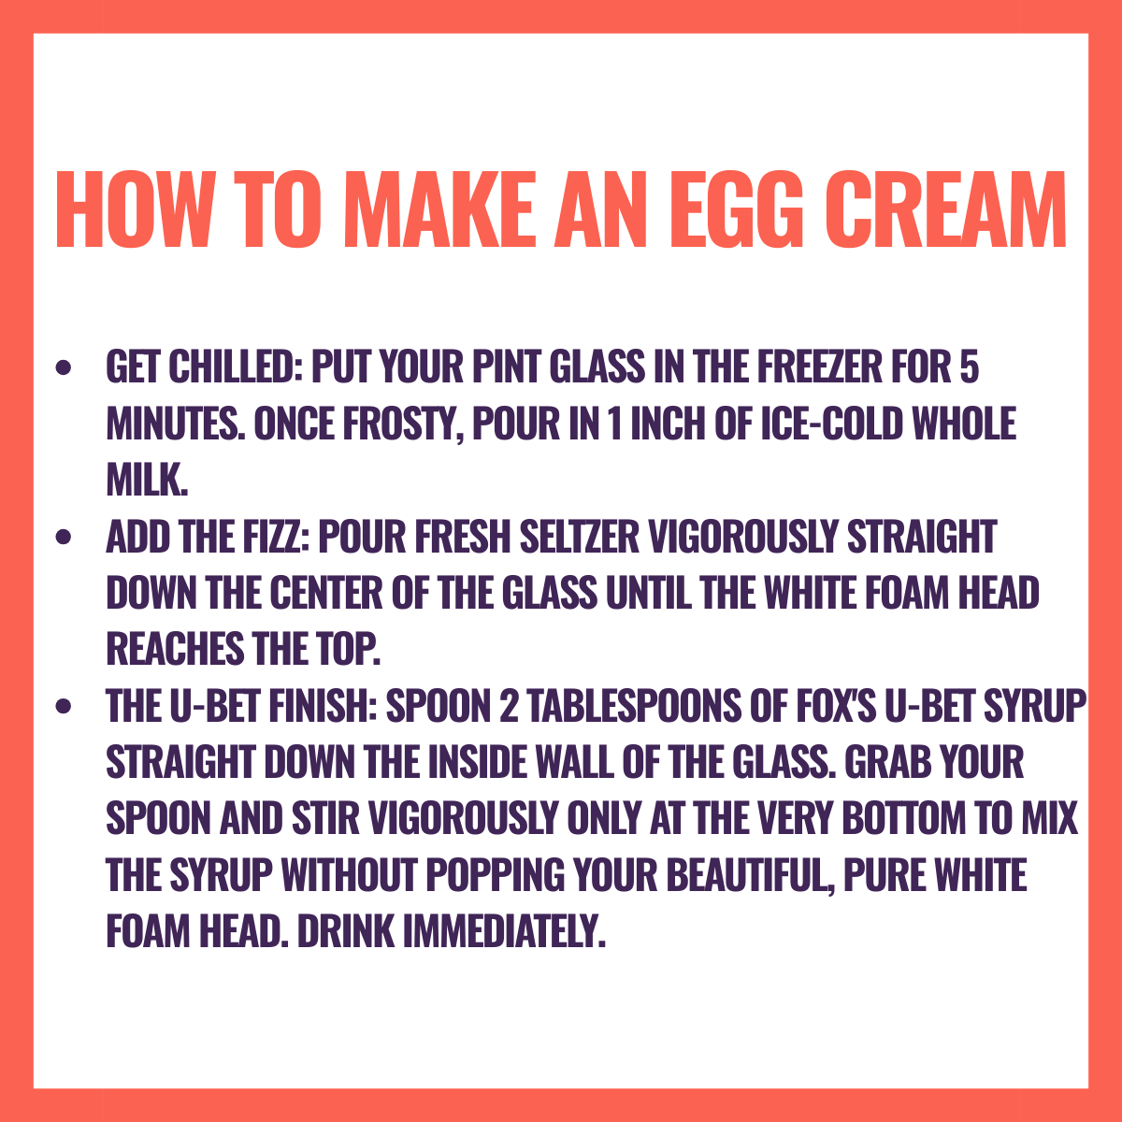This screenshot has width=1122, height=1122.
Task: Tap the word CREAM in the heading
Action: (x=945, y=209)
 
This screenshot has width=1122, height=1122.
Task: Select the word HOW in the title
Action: (x=135, y=209)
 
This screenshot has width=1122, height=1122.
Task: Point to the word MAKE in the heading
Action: (x=439, y=209)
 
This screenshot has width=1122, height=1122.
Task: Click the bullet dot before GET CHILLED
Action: (x=63, y=367)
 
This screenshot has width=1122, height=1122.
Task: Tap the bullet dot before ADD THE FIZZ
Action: (x=63, y=537)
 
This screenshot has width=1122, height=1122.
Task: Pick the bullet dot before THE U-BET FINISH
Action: (x=63, y=706)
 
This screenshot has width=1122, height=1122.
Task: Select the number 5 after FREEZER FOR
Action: (x=970, y=367)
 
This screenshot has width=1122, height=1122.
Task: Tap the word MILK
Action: (x=148, y=480)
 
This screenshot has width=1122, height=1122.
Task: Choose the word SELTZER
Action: (x=580, y=537)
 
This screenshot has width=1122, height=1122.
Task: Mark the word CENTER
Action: (x=326, y=593)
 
